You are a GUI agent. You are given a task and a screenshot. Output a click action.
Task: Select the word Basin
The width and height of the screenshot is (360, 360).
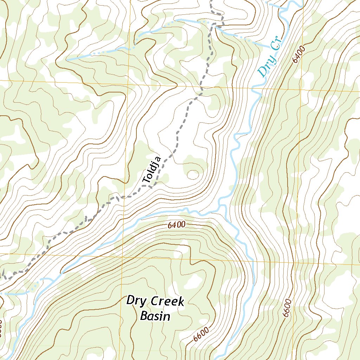tap(155, 316)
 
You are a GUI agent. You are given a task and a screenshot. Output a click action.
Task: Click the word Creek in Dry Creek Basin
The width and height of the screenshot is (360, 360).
tap(167, 302)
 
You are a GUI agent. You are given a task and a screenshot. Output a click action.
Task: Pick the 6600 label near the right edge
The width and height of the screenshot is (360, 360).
tap(288, 309)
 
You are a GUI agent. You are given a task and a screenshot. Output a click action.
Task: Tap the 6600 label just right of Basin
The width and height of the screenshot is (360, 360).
tap(201, 335)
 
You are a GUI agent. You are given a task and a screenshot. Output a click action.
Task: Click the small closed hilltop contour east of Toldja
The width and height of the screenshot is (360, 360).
tap(193, 174)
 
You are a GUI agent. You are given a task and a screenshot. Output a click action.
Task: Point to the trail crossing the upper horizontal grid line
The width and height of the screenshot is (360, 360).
tap(201, 86)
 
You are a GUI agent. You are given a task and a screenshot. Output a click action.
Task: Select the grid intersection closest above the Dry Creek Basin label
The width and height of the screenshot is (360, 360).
tap(122, 255)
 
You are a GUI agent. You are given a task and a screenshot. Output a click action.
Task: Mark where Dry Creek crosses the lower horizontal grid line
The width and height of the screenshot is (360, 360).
tap(252, 261)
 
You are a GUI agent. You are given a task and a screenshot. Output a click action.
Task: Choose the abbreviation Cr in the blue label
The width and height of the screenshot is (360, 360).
tap(275, 50)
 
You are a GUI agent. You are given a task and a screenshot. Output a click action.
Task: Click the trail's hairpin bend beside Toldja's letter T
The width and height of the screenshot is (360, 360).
tap(151, 187)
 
